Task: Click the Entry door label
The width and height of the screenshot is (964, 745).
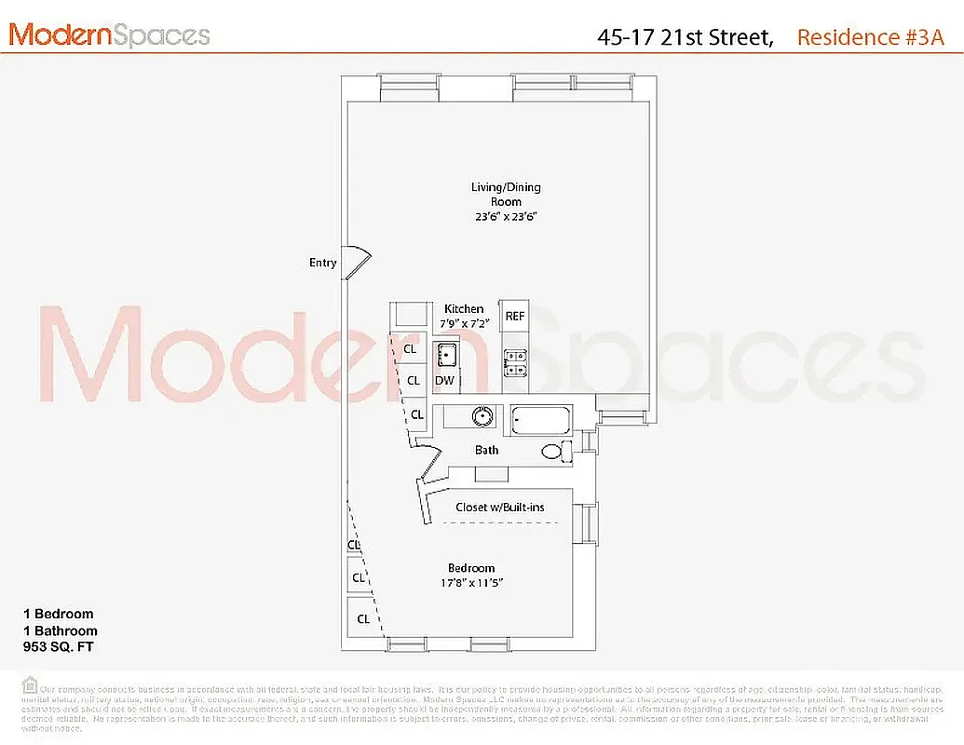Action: point(323,263)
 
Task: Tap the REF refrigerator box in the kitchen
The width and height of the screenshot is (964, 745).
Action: point(514,317)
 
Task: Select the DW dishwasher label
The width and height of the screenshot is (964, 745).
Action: point(444,381)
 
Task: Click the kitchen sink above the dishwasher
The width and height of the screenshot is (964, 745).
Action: point(446,353)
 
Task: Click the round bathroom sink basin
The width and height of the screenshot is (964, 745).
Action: point(482,416)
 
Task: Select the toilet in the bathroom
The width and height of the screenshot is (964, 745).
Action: point(555,452)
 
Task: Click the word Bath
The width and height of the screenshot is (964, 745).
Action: point(487,451)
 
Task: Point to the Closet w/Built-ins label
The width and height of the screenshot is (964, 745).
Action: point(500,508)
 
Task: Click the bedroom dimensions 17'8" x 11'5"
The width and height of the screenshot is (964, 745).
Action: point(471,584)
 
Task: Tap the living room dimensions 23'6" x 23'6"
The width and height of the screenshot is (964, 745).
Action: point(505,216)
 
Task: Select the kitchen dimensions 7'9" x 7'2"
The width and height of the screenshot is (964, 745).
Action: point(464,323)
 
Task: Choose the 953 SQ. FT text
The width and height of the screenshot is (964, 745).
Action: point(59,646)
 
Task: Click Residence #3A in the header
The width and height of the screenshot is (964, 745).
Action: point(870,36)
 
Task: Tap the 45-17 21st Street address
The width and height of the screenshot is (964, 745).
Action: point(685,36)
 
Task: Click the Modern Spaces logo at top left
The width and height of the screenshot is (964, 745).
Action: point(109,35)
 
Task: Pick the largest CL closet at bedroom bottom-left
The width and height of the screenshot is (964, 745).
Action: point(363,618)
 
